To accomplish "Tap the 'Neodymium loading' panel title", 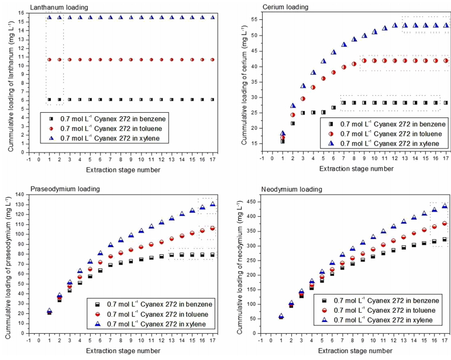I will [267, 189].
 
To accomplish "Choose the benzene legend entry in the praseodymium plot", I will [152, 304].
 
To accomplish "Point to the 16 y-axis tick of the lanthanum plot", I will [21, 13].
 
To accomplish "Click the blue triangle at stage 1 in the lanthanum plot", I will [50, 17].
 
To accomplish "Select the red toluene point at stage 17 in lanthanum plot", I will [212, 60].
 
